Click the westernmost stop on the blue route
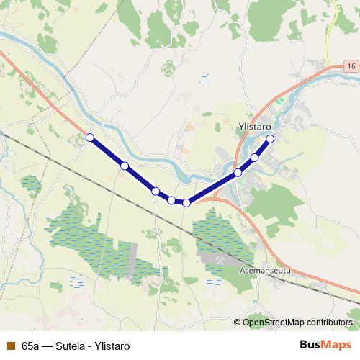pyautogui.click(x=90, y=137)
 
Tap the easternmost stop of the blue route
pyautogui.click(x=271, y=138)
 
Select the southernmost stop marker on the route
pyautogui.click(x=186, y=202)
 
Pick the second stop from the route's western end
pyautogui.click(x=125, y=166)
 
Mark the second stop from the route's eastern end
pyautogui.click(x=255, y=157)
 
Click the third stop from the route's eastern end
pyautogui.click(x=238, y=173)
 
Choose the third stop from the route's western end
pyautogui.click(x=156, y=191)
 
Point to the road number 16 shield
pyautogui.click(x=350, y=66)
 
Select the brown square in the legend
pyautogui.click(x=10, y=346)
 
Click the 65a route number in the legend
pyautogui.click(x=30, y=346)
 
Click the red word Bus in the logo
pyautogui.click(x=310, y=345)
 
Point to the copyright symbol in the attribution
pyautogui.click(x=238, y=323)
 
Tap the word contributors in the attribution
pyautogui.click(x=328, y=323)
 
